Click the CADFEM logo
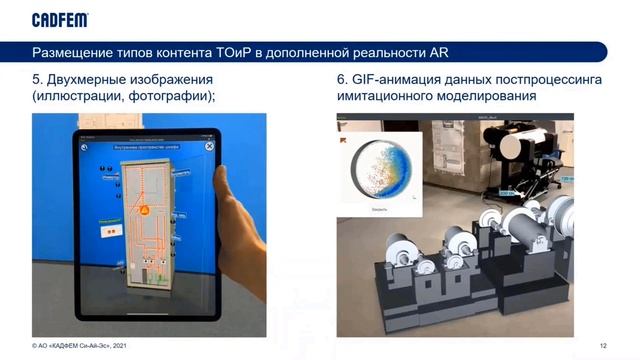click(60, 19)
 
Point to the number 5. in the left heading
click(39, 79)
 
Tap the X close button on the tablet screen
click(209, 146)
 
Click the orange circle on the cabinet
click(145, 210)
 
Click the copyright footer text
click(80, 345)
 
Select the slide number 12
click(603, 345)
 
